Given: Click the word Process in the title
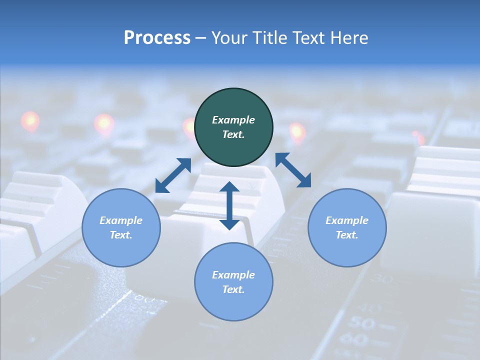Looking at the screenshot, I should click(157, 38).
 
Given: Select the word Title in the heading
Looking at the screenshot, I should click(272, 38).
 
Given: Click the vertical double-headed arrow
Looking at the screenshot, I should click(229, 205).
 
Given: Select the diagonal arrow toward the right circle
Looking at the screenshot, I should click(293, 170).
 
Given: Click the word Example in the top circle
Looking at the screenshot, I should click(233, 120).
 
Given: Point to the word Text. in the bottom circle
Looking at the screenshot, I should click(233, 289).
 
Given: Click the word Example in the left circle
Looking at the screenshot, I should click(121, 220).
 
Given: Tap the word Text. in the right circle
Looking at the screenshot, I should click(347, 235).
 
